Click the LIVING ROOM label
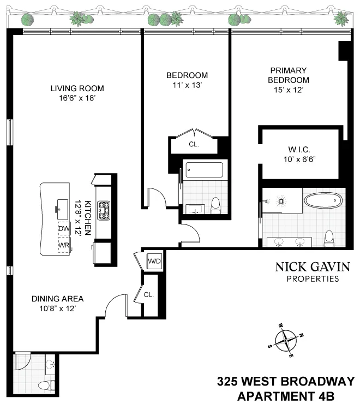(77, 88)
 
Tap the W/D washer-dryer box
(154, 262)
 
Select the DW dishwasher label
(64, 229)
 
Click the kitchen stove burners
(103, 210)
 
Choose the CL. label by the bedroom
(194, 145)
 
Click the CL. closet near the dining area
(149, 294)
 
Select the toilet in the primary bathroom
(328, 239)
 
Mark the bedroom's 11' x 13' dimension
(187, 85)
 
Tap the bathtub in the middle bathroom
(203, 170)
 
